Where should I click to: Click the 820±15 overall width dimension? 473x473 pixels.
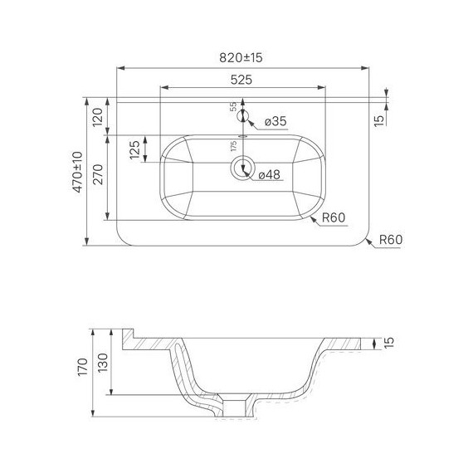[x=241, y=57]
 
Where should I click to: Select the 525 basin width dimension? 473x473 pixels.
[x=241, y=80]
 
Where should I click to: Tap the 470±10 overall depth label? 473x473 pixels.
[x=77, y=172]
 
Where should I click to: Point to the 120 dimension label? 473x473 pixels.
[x=98, y=117]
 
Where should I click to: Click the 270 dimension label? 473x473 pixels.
[x=98, y=174]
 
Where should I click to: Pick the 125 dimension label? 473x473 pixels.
[x=134, y=149]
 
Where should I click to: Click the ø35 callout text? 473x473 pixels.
[x=276, y=121]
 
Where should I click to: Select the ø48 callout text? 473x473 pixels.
[x=270, y=174]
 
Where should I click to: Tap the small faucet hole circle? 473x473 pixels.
[x=242, y=116]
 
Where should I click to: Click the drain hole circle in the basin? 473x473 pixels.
[x=243, y=168]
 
